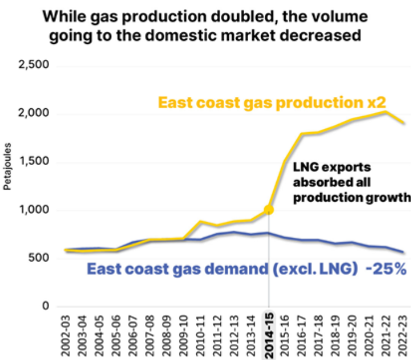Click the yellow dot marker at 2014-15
point(269,210)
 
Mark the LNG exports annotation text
point(351,183)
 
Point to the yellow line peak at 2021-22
point(385,112)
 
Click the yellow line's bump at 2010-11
point(202,222)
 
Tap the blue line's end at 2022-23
point(402,252)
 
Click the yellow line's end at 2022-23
point(402,122)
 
